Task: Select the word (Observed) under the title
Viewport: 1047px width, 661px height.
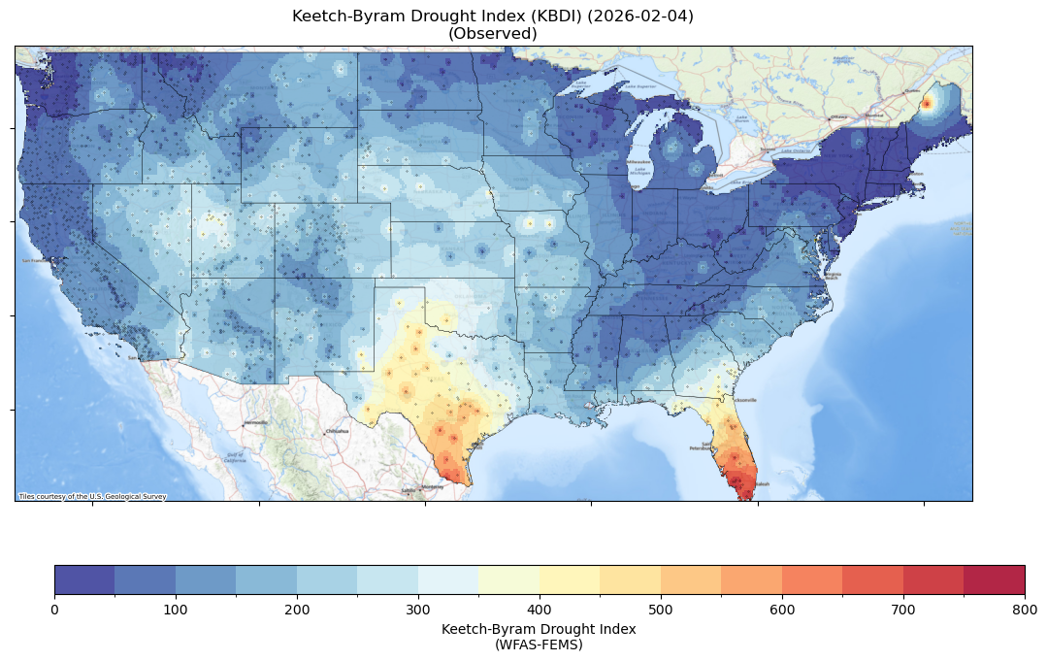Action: click(x=493, y=33)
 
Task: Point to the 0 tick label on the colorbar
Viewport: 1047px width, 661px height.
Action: click(x=54, y=609)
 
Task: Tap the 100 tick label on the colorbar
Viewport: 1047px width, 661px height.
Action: click(x=176, y=609)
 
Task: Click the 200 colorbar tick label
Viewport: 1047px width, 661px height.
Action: click(x=297, y=609)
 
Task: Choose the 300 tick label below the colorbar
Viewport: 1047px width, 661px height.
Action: click(x=418, y=609)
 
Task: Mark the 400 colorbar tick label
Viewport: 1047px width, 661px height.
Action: click(x=540, y=609)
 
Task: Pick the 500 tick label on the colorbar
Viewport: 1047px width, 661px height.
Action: click(x=661, y=609)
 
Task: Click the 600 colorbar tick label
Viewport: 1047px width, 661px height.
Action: click(x=782, y=609)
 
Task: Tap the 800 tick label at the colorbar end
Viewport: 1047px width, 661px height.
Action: click(x=1025, y=609)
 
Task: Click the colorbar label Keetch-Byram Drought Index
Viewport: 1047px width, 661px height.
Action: click(x=539, y=629)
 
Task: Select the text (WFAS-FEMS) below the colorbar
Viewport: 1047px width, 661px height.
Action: click(x=539, y=644)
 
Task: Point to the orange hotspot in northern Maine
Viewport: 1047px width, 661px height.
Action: click(x=927, y=103)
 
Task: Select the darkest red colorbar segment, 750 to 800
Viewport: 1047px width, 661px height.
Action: click(x=995, y=579)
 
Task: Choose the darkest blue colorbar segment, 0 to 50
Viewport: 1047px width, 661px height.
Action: click(x=84, y=579)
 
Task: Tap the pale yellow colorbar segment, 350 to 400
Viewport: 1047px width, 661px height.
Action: click(x=509, y=579)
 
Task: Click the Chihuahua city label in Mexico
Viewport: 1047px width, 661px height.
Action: click(x=337, y=431)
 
